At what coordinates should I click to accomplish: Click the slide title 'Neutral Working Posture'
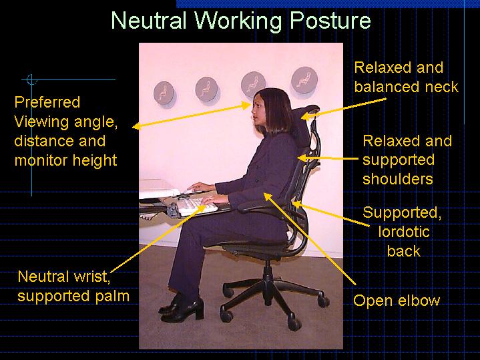[x=240, y=21]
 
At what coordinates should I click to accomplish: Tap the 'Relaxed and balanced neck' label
[x=406, y=77]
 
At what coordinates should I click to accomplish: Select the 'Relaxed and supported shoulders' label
[x=407, y=160]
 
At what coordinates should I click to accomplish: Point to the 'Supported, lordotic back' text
[x=403, y=232]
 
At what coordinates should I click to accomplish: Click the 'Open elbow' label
[x=397, y=301]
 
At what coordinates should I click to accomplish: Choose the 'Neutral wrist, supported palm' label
[x=73, y=286]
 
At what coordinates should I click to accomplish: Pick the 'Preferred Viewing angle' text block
[x=65, y=131]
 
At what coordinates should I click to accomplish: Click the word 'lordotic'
[x=403, y=232]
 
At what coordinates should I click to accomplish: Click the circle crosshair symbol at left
[x=31, y=80]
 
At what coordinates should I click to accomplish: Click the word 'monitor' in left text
[x=39, y=160]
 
